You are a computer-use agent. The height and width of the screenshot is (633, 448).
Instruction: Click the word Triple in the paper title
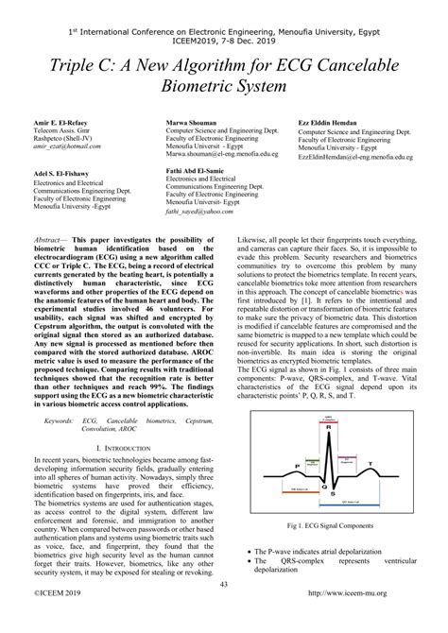tap(84, 64)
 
